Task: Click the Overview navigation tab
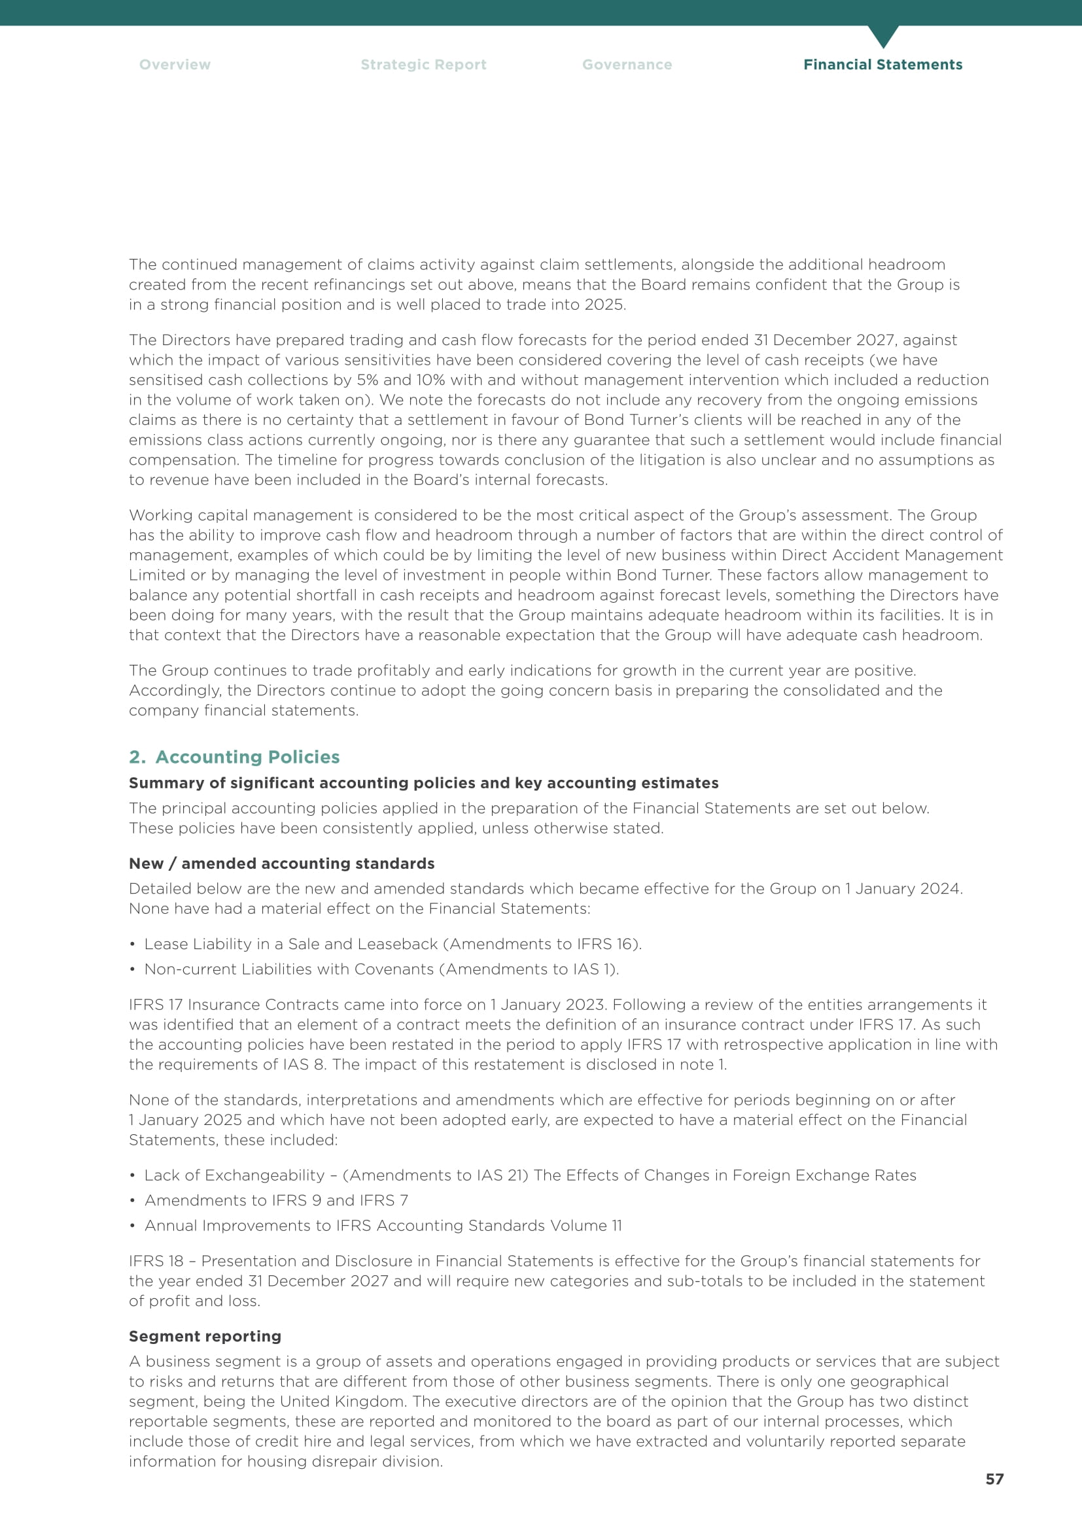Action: pyautogui.click(x=175, y=65)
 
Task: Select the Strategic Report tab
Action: pyautogui.click(x=423, y=65)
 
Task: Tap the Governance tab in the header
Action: pyautogui.click(x=626, y=65)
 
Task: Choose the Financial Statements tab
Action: pyautogui.click(x=882, y=65)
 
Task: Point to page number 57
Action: pyautogui.click(x=994, y=1479)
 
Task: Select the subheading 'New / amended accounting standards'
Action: pyautogui.click(x=281, y=863)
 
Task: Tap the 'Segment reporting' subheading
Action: pyautogui.click(x=205, y=1336)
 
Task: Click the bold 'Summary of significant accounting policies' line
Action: pyautogui.click(x=423, y=782)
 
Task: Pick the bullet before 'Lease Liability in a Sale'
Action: pyautogui.click(x=133, y=945)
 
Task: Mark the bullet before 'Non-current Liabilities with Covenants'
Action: pyautogui.click(x=133, y=969)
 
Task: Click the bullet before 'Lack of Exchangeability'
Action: pyautogui.click(x=133, y=1175)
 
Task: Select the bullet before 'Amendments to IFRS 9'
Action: pyautogui.click(x=133, y=1201)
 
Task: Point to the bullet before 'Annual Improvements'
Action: pyautogui.click(x=133, y=1226)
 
